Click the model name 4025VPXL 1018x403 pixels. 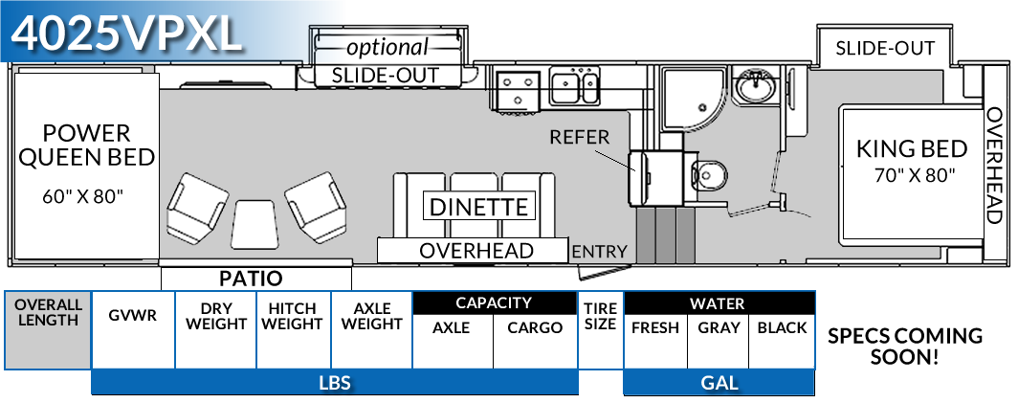[126, 34]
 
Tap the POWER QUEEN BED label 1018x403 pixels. [86, 146]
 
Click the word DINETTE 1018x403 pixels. [478, 207]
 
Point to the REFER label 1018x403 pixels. [579, 137]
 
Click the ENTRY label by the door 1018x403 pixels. [599, 252]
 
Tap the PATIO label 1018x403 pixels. [251, 279]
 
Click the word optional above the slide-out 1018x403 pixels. [387, 47]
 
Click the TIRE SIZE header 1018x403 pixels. [600, 315]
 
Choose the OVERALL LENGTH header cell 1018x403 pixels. [48, 313]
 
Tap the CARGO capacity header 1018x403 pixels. [535, 327]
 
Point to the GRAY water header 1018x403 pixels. [719, 327]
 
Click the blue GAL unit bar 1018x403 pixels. [719, 383]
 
